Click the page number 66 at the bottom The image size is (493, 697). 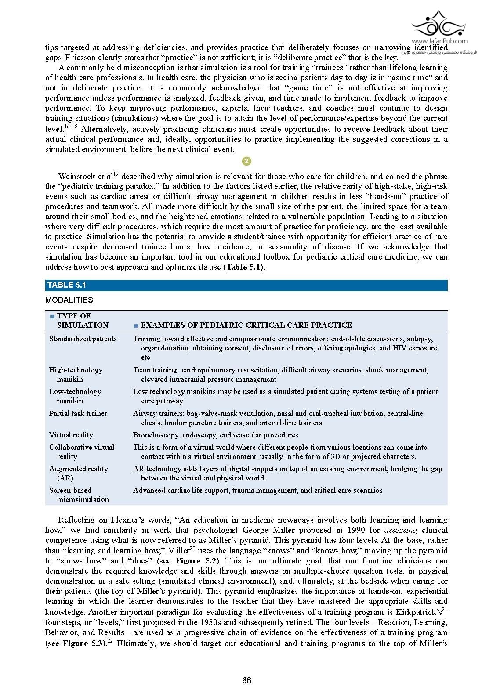246,680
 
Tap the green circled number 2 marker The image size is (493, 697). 246,161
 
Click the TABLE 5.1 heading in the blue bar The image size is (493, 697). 66,285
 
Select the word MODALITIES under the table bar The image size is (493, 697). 69,300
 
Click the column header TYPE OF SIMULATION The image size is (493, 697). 79,321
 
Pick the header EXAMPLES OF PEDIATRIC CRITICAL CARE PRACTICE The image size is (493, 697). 246,325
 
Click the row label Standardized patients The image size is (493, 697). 83,339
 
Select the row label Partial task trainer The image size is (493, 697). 78,413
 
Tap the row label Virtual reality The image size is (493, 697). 71,435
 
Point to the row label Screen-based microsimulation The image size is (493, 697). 79,495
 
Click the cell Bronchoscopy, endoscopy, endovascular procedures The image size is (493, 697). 215,435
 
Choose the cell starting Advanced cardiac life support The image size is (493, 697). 257,490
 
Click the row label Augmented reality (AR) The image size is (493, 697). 78,473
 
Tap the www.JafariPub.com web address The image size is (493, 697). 439,41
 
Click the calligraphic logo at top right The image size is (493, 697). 439,25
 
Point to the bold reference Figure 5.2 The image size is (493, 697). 194,561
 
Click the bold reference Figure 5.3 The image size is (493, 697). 82,643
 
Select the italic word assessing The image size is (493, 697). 400,530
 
